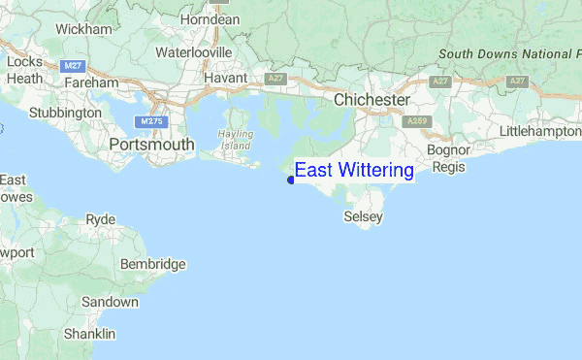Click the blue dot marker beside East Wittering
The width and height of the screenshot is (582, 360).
click(291, 180)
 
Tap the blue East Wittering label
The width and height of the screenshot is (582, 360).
click(354, 171)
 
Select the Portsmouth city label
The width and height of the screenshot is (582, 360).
click(151, 145)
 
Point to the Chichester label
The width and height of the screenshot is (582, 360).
click(372, 100)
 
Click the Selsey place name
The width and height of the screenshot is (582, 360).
click(364, 217)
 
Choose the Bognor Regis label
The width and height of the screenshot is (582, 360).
click(448, 158)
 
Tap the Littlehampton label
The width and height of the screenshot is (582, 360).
click(539, 131)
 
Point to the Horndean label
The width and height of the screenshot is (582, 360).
click(210, 19)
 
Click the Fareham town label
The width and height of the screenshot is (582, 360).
click(92, 83)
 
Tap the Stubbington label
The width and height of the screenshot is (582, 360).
click(65, 113)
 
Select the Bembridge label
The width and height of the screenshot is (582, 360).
click(152, 264)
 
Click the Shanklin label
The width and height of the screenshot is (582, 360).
click(89, 334)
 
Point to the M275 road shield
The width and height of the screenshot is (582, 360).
click(149, 122)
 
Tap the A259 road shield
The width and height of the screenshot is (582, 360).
click(417, 121)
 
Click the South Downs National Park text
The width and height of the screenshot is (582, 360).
click(508, 54)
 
